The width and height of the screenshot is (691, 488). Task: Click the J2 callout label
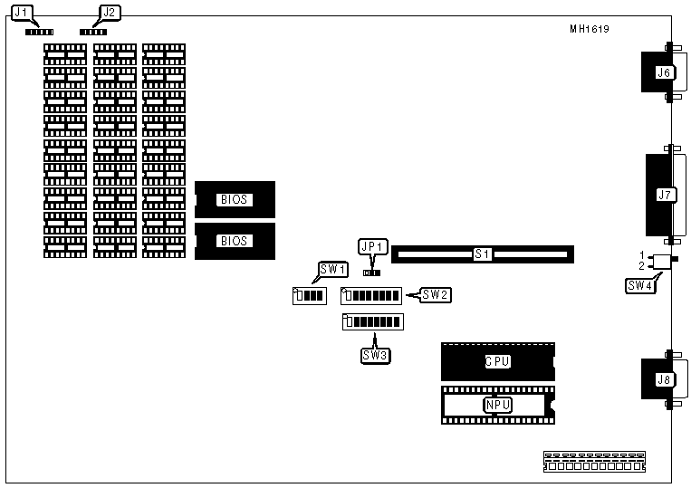108,13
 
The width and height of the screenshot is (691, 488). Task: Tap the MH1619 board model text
589,29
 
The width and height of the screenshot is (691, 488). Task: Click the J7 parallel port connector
663,194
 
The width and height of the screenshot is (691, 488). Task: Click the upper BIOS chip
235,199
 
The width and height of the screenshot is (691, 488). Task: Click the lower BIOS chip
235,242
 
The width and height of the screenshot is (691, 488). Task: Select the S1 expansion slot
482,254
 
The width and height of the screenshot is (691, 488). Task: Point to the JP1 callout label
372,246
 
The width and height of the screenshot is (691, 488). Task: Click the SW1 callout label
331,269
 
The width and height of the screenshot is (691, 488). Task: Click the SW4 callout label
638,285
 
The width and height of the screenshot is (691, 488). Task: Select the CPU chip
497,361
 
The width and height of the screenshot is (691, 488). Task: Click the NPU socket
497,406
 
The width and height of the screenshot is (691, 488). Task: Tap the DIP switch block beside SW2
370,295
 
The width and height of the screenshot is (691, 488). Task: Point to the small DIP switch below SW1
309,295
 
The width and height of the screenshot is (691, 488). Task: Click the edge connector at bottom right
593,462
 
